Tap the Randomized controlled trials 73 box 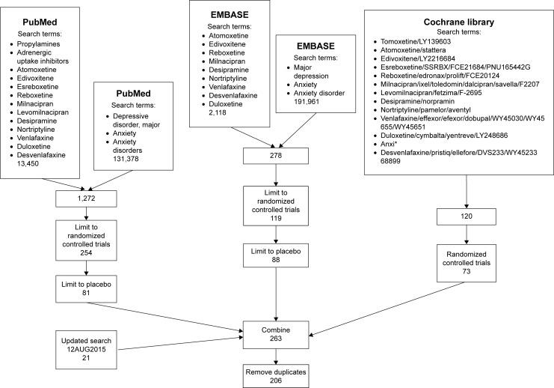[466, 264]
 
